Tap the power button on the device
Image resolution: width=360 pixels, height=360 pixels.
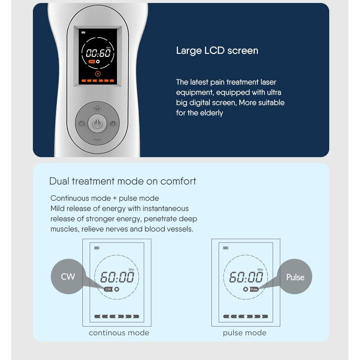click(97, 123)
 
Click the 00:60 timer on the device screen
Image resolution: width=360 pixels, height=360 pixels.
click(98, 53)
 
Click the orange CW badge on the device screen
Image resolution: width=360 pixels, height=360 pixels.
click(92, 61)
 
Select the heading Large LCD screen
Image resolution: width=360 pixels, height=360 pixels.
click(217, 51)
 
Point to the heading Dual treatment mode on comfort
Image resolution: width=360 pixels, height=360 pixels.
click(123, 181)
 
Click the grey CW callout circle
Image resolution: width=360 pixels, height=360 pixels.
click(68, 276)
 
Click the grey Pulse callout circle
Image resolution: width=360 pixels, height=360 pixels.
click(295, 276)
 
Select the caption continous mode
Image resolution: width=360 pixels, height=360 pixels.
click(119, 333)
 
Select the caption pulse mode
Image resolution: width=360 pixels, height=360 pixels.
click(245, 333)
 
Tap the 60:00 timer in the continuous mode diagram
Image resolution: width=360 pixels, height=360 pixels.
click(117, 277)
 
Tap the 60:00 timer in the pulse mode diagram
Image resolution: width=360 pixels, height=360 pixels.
click(246, 277)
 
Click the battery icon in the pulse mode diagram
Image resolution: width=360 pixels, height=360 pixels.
click(225, 248)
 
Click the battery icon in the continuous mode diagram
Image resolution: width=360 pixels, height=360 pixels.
click(97, 248)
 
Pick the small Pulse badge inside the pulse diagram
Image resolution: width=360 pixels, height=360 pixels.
click(254, 289)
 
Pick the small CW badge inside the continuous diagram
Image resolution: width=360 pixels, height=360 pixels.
click(108, 289)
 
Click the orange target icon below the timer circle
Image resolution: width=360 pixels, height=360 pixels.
click(98, 74)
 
